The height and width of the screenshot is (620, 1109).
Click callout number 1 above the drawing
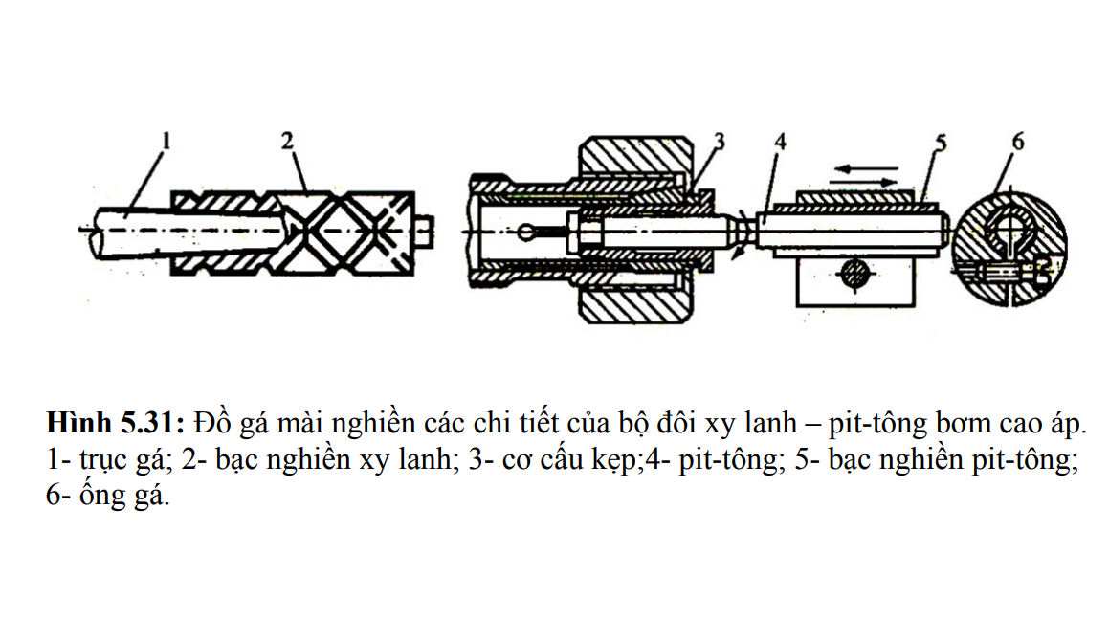(166, 143)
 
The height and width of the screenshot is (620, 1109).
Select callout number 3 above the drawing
(719, 142)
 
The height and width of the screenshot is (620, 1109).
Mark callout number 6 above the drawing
(1017, 142)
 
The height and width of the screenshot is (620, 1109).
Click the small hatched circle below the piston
(854, 275)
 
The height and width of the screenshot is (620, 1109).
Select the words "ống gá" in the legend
(123, 498)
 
